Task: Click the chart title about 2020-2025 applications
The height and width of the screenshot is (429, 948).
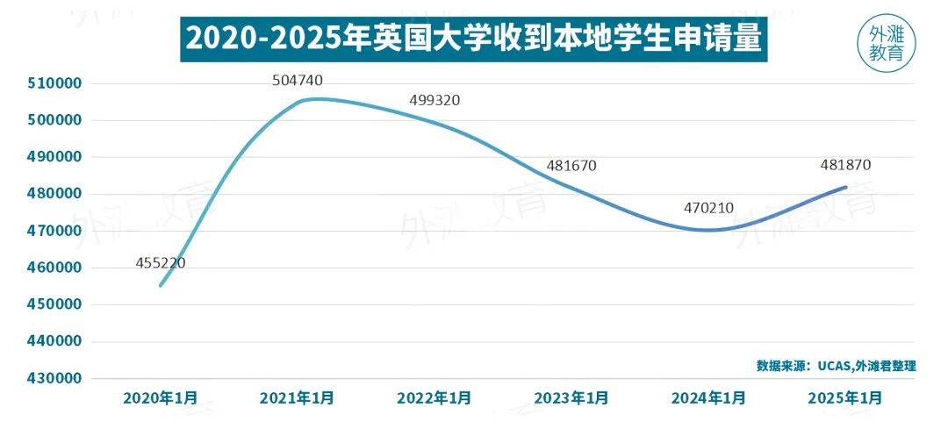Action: [473, 39]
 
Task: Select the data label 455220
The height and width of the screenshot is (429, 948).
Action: [161, 262]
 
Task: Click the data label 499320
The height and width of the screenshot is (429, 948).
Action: [434, 100]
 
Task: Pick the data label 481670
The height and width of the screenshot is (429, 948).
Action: [571, 165]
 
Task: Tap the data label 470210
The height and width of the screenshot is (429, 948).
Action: [708, 209]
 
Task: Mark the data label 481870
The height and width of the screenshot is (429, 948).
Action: [845, 165]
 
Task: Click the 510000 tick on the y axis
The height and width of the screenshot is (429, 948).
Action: [56, 83]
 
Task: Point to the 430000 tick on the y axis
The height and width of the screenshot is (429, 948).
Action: [56, 378]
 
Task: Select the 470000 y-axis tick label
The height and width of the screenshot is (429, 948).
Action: [56, 231]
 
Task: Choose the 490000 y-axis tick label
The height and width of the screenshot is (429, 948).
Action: [56, 157]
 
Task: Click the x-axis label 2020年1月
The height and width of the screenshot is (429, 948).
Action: [161, 397]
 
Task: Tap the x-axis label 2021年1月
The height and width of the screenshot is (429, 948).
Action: [298, 397]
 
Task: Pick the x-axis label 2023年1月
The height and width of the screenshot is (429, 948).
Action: [571, 397]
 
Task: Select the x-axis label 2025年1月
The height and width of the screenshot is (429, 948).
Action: [845, 397]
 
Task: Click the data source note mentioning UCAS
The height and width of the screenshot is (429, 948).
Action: [836, 365]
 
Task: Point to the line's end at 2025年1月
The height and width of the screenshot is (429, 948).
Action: [845, 187]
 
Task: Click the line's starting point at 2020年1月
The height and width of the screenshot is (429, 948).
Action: [161, 285]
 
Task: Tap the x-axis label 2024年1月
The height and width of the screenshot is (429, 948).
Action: [708, 397]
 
